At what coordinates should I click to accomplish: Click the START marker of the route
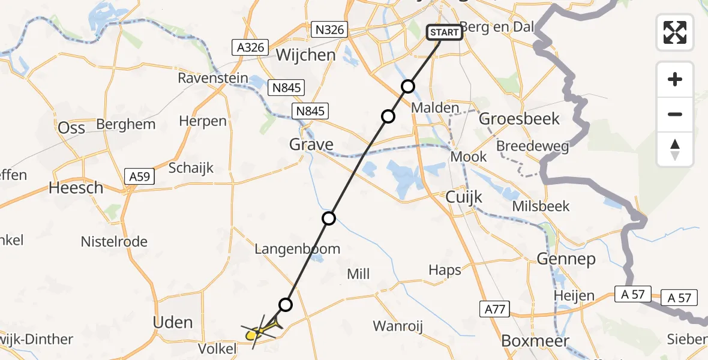(445, 32)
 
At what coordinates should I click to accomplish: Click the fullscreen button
(675, 32)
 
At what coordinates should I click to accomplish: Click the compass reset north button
(675, 150)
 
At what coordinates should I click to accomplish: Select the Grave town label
(311, 144)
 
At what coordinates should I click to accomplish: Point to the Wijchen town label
(305, 55)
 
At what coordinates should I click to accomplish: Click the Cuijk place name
(464, 196)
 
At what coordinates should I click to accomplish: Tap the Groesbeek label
(520, 118)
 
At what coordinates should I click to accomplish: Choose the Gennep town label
(566, 259)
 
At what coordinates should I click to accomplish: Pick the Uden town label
(173, 322)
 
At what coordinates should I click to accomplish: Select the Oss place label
(71, 127)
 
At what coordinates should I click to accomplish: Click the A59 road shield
(140, 176)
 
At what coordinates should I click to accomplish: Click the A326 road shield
(249, 47)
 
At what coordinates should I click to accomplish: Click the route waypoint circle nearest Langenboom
(329, 218)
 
